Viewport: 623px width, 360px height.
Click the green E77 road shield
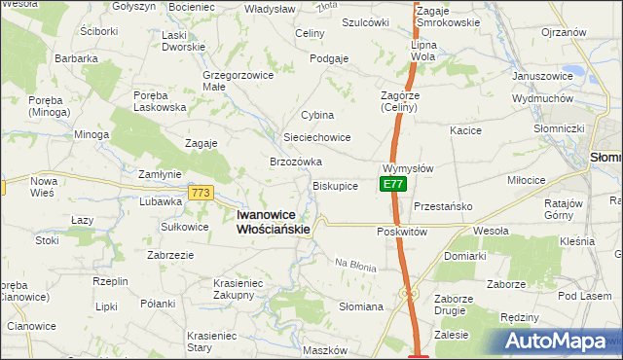point(392,184)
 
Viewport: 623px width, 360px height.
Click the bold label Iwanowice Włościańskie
point(275,222)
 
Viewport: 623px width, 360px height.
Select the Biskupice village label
point(335,185)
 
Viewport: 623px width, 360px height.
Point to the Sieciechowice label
point(316,137)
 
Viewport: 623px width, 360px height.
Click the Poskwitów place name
point(402,233)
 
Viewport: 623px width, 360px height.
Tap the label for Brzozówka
point(296,162)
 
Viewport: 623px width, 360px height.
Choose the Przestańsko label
point(443,206)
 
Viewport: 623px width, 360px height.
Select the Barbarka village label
point(77,58)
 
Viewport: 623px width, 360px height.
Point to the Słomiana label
point(360,306)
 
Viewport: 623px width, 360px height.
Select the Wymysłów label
point(408,167)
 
